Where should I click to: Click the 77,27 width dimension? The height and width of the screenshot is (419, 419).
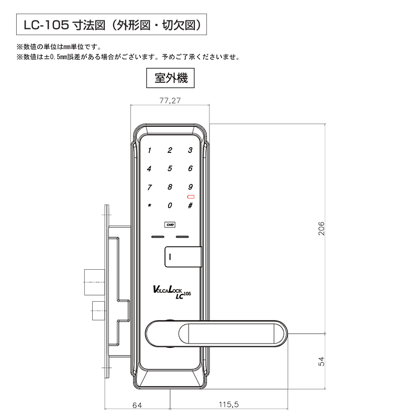point(170,101)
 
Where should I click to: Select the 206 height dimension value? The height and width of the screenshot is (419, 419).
point(322,228)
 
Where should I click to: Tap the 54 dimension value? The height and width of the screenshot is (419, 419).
point(321,361)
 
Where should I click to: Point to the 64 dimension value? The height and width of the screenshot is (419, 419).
point(137,405)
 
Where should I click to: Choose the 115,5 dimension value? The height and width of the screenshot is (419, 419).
point(229,404)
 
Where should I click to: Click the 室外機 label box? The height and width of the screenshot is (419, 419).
point(170,78)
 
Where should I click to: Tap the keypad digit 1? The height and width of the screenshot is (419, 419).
point(149,150)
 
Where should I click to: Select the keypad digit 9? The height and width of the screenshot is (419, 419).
point(190,187)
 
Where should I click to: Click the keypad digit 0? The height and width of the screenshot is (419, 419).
point(170,205)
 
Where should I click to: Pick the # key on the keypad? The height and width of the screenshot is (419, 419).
point(190,205)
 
